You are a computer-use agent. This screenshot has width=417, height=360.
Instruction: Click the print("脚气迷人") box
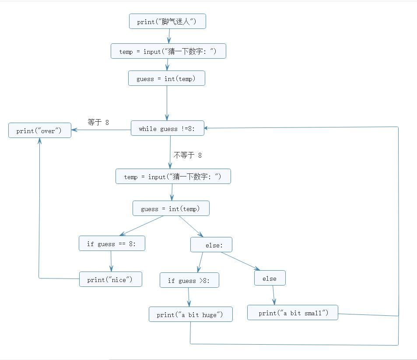tap(167, 21)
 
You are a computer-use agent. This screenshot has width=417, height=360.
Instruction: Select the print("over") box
tap(39, 131)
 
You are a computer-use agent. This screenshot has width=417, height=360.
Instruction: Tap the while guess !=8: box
tap(168, 128)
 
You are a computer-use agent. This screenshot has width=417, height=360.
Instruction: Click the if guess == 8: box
tap(112, 244)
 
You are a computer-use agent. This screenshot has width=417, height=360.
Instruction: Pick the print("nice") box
tap(110, 279)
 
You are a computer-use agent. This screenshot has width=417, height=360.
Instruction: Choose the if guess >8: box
tap(189, 280)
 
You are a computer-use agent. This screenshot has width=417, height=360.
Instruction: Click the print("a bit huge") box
tap(190, 314)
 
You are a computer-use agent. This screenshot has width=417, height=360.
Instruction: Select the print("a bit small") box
tap(292, 313)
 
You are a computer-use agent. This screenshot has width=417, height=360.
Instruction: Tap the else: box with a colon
tap(211, 245)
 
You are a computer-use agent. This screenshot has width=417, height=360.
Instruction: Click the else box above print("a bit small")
tap(270, 278)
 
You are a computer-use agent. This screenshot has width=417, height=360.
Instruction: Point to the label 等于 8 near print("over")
tap(98, 122)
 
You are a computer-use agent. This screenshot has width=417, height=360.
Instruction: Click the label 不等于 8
tap(188, 155)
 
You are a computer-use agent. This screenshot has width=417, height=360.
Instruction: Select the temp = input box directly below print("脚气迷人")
tap(168, 51)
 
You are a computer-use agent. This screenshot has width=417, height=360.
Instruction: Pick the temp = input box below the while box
tap(173, 176)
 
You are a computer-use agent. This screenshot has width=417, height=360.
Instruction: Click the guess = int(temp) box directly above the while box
tap(166, 78)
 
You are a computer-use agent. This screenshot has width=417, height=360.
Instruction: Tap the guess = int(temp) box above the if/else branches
tap(171, 208)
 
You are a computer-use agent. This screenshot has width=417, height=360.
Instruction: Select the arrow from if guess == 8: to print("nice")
tap(111, 261)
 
